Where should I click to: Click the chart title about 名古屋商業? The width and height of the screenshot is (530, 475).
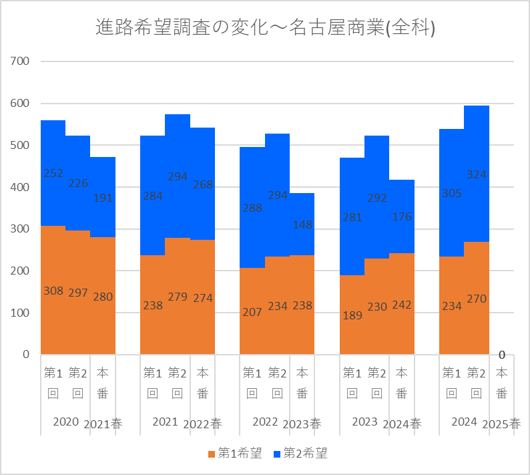(x=266, y=27)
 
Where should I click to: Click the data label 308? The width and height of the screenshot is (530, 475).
(x=53, y=291)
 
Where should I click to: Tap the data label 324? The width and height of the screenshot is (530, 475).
(x=477, y=174)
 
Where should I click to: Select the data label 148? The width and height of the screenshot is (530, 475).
(x=302, y=224)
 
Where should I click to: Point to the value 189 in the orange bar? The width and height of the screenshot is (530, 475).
(x=352, y=315)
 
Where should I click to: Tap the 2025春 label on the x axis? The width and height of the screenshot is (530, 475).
(x=502, y=424)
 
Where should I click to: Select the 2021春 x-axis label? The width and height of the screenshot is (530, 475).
(x=103, y=424)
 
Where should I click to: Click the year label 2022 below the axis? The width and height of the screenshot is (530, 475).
(x=265, y=422)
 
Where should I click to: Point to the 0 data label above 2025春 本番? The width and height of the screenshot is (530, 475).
(x=502, y=354)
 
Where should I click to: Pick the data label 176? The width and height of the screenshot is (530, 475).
(x=402, y=216)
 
